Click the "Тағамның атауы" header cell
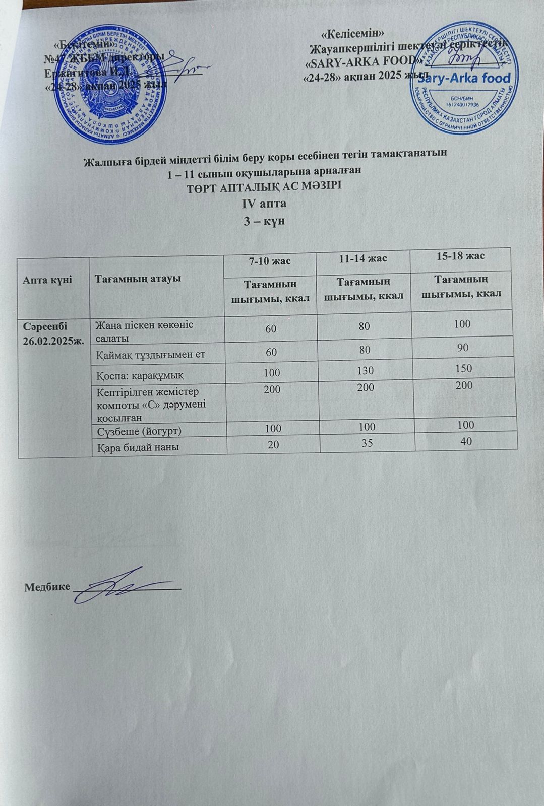(x=135, y=279)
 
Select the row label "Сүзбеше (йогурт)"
(x=139, y=431)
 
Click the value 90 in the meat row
(x=463, y=348)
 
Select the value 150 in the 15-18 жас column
(x=463, y=368)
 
